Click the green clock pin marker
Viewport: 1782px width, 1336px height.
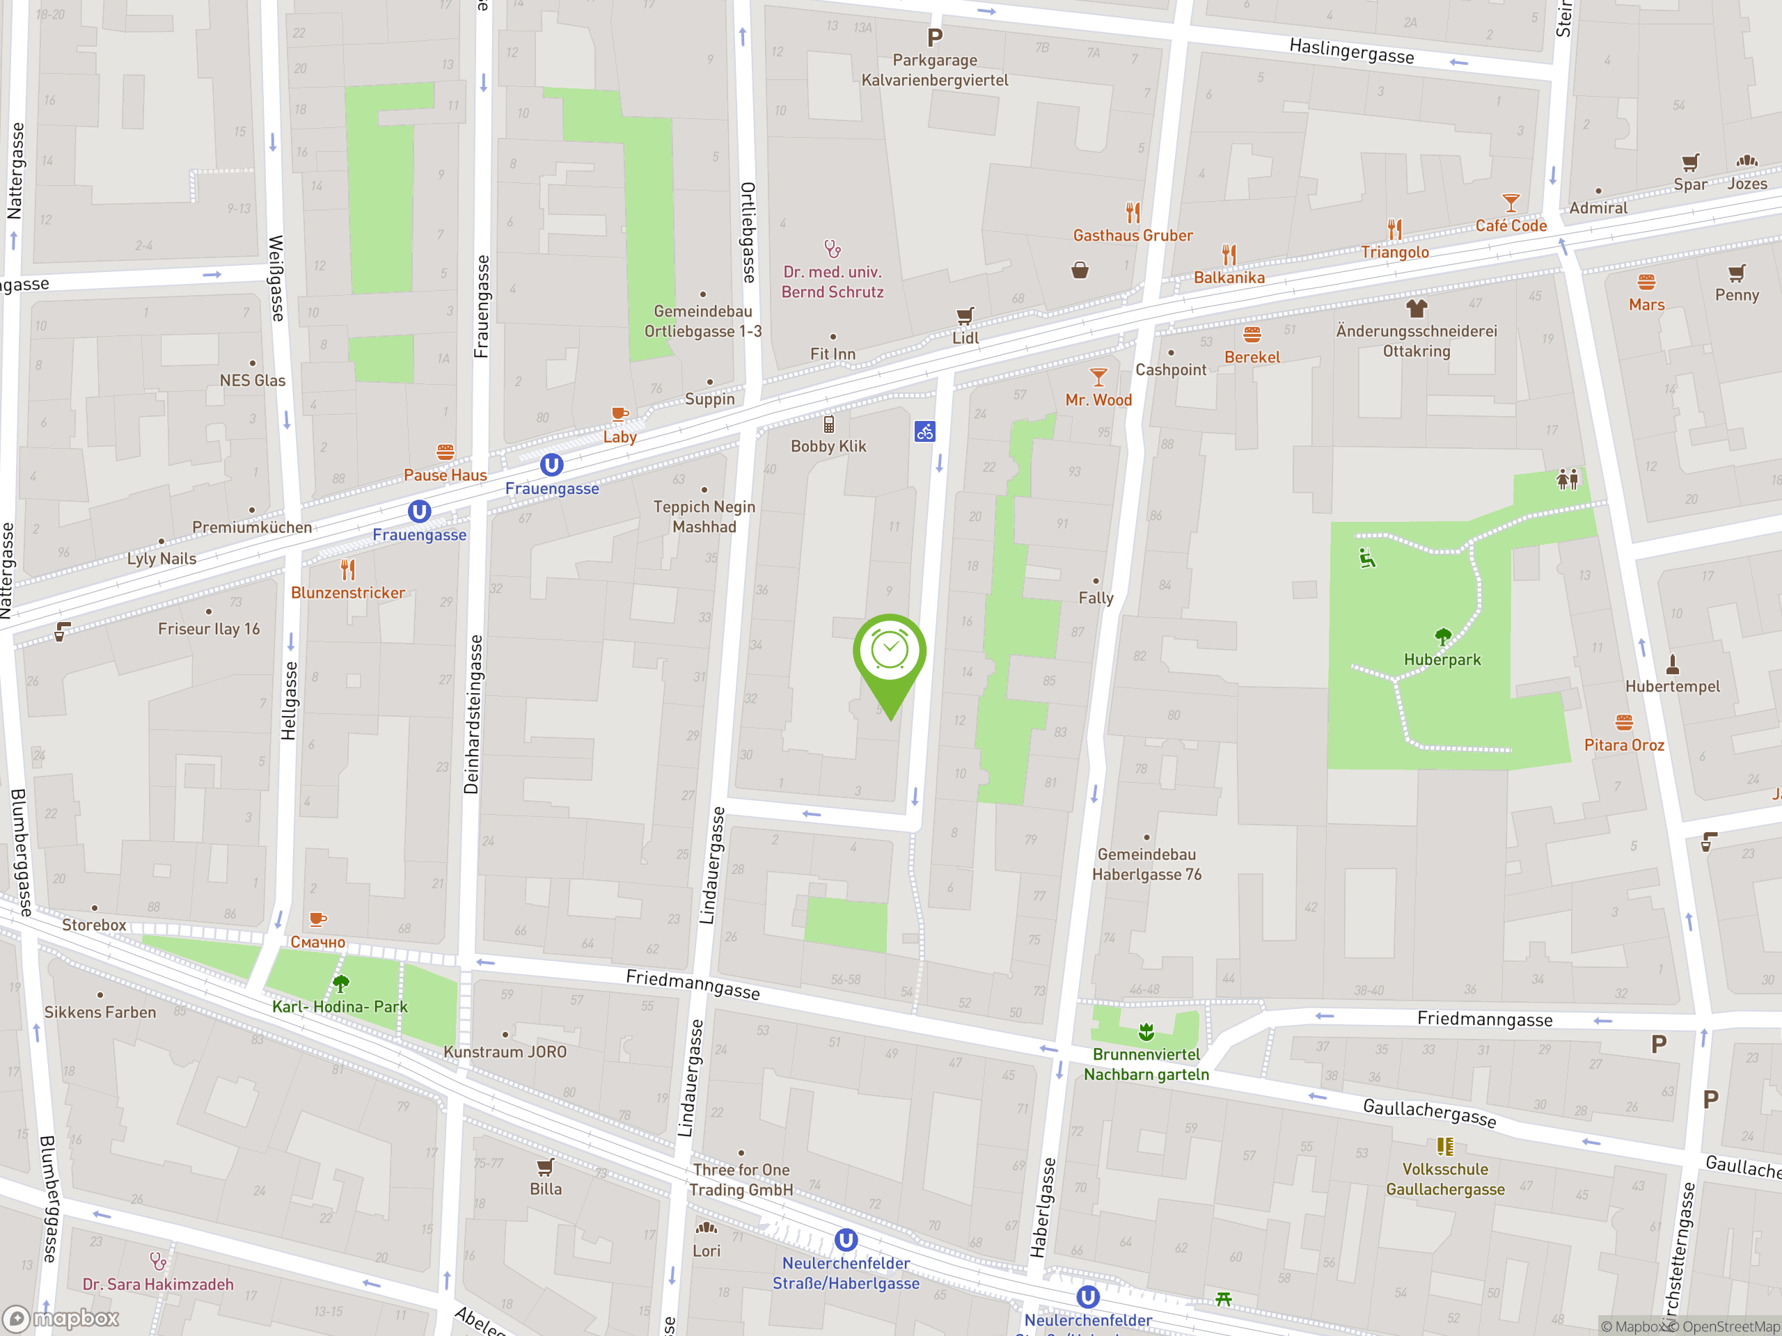890,652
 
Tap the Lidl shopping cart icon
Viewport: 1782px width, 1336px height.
964,316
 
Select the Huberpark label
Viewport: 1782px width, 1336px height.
1442,660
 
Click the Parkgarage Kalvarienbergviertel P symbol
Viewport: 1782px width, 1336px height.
934,37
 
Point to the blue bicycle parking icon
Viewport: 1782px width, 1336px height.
925,431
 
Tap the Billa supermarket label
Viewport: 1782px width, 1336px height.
546,1188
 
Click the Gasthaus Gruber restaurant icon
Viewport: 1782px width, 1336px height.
1133,213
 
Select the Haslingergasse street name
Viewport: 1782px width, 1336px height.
1351,51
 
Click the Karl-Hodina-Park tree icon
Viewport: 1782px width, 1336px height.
341,983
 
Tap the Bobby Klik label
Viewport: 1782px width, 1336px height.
828,446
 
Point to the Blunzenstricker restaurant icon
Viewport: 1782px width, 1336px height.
348,570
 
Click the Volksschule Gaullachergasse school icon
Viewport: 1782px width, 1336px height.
1444,1146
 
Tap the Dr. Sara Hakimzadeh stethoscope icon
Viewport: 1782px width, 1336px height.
158,1260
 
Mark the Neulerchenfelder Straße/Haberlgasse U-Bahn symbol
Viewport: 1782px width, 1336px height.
846,1239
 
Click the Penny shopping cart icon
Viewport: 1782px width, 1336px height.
1736,273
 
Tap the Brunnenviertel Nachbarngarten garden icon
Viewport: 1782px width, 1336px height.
1146,1032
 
